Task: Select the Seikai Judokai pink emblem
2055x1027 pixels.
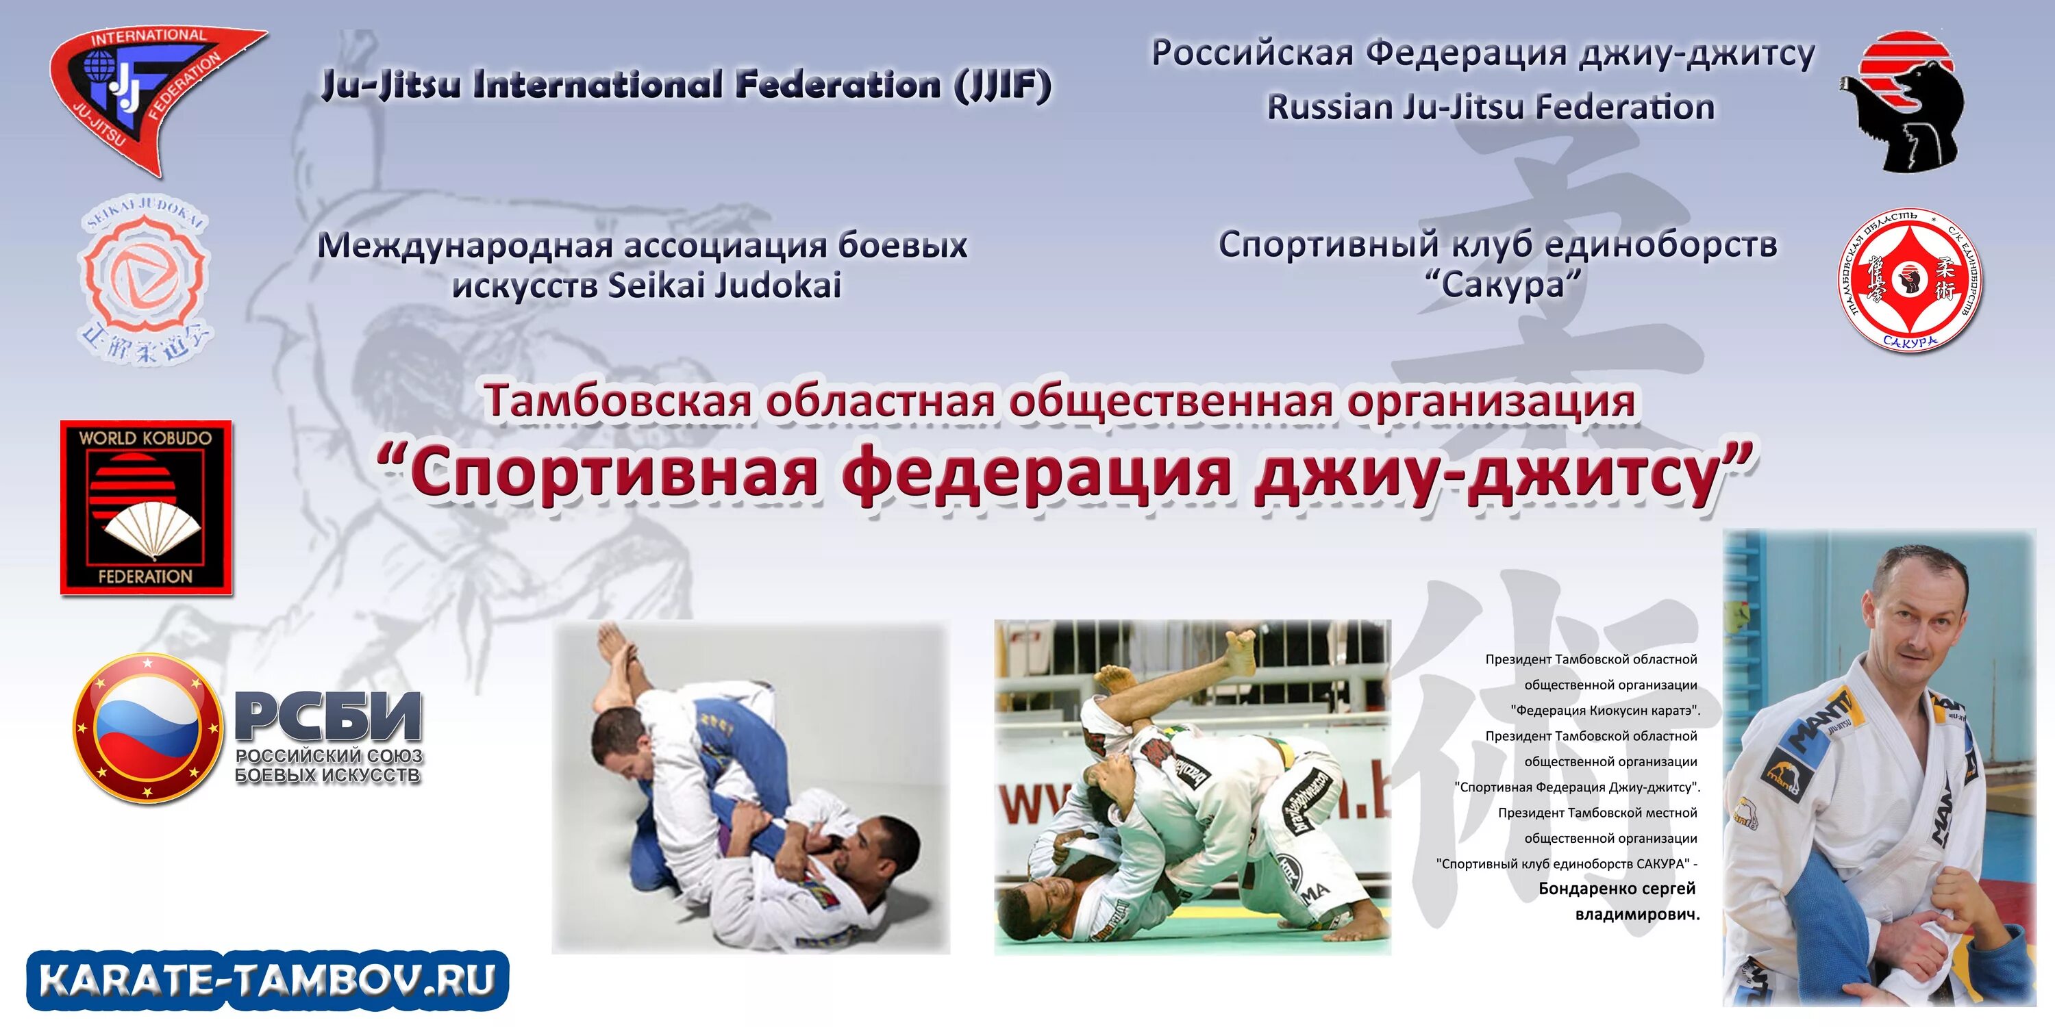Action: pyautogui.click(x=145, y=279)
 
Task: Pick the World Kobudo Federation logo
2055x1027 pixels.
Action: pyautogui.click(x=146, y=507)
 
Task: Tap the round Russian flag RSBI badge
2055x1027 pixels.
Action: pyautogui.click(x=147, y=727)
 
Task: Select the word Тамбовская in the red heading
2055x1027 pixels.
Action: pyautogui.click(x=619, y=401)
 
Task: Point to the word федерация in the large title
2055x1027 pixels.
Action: pyautogui.click(x=1037, y=474)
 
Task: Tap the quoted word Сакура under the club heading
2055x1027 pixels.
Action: pyautogui.click(x=1504, y=285)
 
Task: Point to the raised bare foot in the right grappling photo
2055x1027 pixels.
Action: pyautogui.click(x=1241, y=646)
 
